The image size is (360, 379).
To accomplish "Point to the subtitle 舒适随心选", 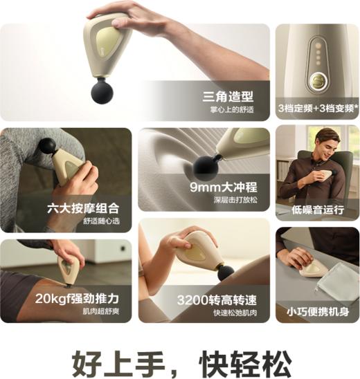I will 102,221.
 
